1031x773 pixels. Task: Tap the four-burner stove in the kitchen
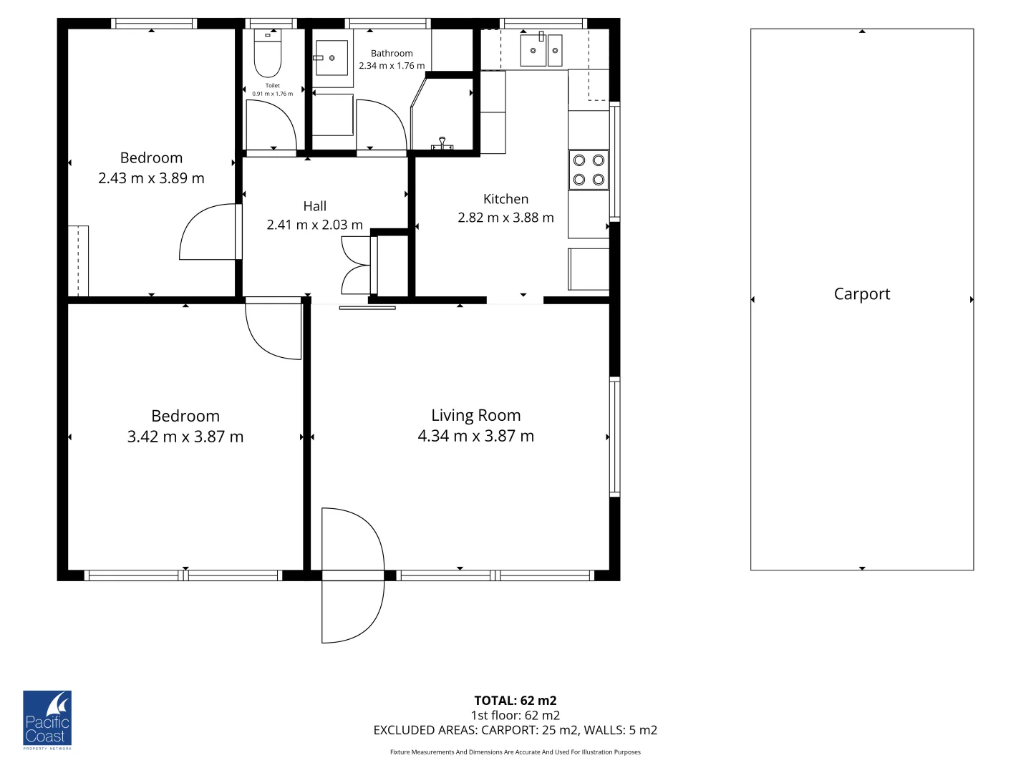(x=589, y=170)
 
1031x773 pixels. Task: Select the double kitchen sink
(x=541, y=50)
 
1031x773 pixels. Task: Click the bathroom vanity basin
(x=331, y=58)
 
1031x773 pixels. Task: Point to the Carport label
(x=862, y=293)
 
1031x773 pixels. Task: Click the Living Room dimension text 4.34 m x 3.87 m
(x=476, y=436)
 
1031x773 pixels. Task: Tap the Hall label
(x=315, y=206)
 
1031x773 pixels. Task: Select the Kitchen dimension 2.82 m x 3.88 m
(x=506, y=218)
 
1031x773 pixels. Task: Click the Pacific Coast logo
(x=47, y=719)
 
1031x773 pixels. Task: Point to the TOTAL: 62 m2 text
(x=515, y=700)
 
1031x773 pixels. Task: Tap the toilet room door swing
(x=271, y=125)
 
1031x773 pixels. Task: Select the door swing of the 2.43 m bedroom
(x=208, y=232)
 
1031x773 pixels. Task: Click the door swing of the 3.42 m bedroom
(x=274, y=331)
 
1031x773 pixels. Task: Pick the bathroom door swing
(x=382, y=125)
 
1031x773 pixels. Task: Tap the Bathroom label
(x=392, y=54)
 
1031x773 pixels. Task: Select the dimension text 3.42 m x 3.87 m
(x=185, y=437)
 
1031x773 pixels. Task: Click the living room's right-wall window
(x=614, y=437)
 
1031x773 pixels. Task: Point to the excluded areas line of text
(x=515, y=730)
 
